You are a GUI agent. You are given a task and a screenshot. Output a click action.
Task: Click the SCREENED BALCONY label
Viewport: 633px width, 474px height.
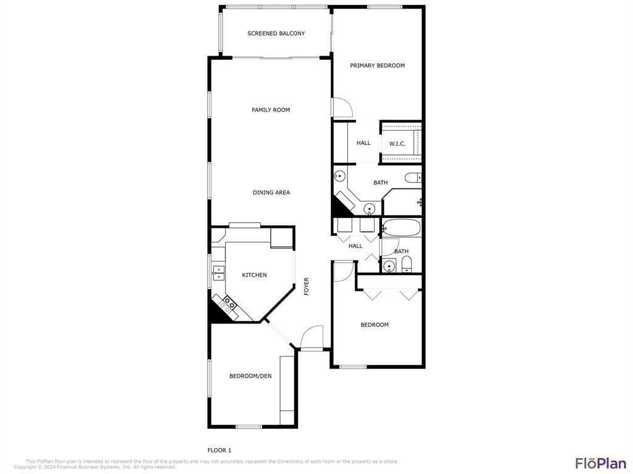(x=276, y=33)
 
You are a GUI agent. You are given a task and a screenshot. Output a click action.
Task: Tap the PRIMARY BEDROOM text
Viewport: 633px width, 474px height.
(x=377, y=65)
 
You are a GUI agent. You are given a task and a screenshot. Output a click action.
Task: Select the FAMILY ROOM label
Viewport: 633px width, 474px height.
(x=271, y=110)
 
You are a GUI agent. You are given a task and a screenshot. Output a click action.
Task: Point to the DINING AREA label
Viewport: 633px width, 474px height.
(x=271, y=193)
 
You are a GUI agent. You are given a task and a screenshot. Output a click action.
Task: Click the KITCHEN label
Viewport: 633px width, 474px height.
(x=254, y=275)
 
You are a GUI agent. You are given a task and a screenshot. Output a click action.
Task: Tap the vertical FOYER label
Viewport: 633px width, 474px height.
(x=306, y=286)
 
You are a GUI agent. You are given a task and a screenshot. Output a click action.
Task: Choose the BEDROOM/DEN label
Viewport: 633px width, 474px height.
(x=250, y=376)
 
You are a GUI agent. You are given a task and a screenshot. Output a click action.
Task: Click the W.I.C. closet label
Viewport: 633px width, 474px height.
(x=397, y=144)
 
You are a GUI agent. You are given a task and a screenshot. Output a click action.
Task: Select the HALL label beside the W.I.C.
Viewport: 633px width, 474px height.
(x=363, y=143)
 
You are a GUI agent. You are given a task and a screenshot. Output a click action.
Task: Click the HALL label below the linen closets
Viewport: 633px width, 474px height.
(x=355, y=246)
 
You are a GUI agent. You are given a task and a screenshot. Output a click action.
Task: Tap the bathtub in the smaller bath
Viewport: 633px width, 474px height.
(x=401, y=228)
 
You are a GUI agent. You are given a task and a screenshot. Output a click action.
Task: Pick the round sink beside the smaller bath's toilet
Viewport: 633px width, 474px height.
(x=389, y=267)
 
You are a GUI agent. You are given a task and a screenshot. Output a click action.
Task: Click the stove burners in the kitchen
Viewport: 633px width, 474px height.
(x=229, y=303)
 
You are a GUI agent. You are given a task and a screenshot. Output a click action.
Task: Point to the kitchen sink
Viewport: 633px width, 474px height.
(x=218, y=273)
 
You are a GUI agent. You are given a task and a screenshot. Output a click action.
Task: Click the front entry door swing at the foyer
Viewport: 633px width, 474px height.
(x=312, y=337)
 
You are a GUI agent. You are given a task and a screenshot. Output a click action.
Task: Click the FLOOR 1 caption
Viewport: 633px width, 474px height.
(x=219, y=450)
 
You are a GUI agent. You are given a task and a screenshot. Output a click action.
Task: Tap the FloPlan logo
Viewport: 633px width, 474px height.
(x=600, y=463)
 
